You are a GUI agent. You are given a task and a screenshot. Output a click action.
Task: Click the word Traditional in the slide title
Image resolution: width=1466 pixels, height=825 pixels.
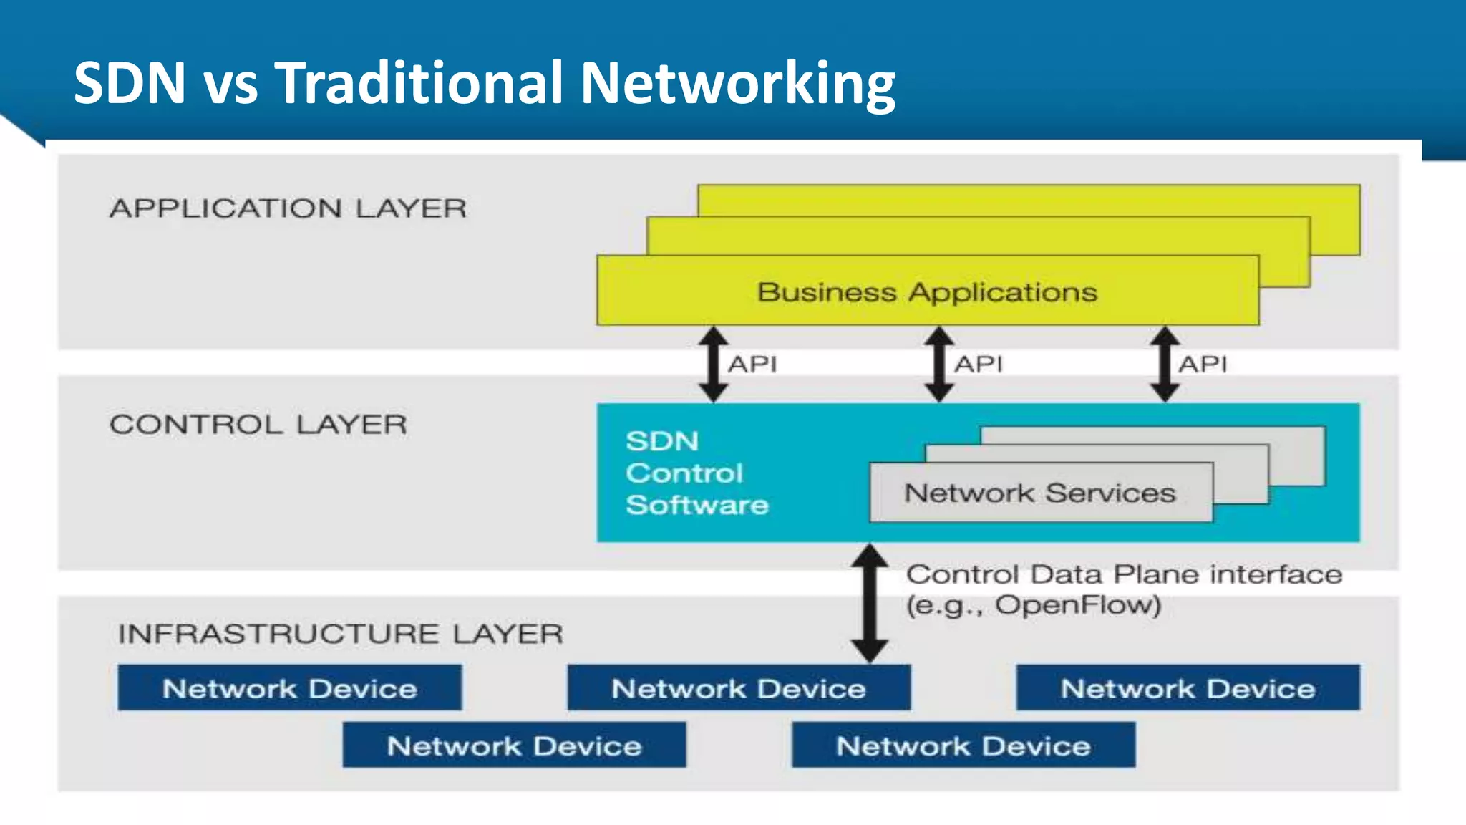pos(419,83)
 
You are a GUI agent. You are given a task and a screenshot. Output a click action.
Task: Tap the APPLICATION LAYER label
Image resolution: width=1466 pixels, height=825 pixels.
pos(288,208)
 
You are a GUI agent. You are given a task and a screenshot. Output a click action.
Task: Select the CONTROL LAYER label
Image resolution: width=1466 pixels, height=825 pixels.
pos(258,425)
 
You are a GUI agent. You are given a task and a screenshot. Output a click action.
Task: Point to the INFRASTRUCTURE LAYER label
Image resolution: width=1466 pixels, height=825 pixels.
pos(341,634)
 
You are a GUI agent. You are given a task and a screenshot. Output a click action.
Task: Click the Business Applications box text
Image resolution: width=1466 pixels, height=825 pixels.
pos(927,292)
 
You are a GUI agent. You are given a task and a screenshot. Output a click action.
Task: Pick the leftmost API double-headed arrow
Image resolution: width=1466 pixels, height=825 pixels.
pos(713,364)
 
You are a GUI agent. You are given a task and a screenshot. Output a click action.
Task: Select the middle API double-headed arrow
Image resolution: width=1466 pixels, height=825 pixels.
pos(938,364)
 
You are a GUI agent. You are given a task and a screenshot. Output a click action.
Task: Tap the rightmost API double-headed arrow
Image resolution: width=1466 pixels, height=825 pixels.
pos(1165,364)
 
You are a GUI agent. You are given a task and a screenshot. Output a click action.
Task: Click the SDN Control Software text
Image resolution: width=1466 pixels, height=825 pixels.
pos(696,473)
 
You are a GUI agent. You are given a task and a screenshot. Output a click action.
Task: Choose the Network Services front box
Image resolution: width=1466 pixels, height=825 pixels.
pos(1040,493)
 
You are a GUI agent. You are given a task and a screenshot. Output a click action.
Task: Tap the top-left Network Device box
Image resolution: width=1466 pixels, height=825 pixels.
pos(289,688)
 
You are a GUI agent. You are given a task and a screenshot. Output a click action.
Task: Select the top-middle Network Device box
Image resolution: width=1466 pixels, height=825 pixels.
pos(739,688)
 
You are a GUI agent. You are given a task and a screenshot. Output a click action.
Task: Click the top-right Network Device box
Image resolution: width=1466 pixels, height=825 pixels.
pos(1188,688)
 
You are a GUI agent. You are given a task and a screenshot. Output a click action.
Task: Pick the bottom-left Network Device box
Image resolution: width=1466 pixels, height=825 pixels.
pos(514,746)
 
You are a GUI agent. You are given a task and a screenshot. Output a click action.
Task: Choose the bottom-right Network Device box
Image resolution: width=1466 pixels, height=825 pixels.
pos(963,746)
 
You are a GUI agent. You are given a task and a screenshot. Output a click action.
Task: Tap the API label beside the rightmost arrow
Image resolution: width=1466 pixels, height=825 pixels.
pos(1203,364)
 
